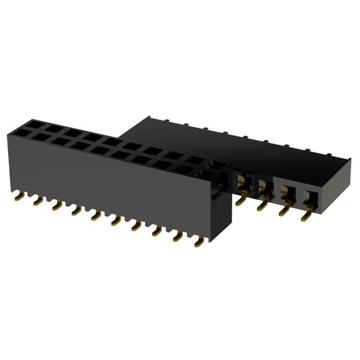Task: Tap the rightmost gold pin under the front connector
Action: (x=199, y=243)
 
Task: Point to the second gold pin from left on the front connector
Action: (x=38, y=201)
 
